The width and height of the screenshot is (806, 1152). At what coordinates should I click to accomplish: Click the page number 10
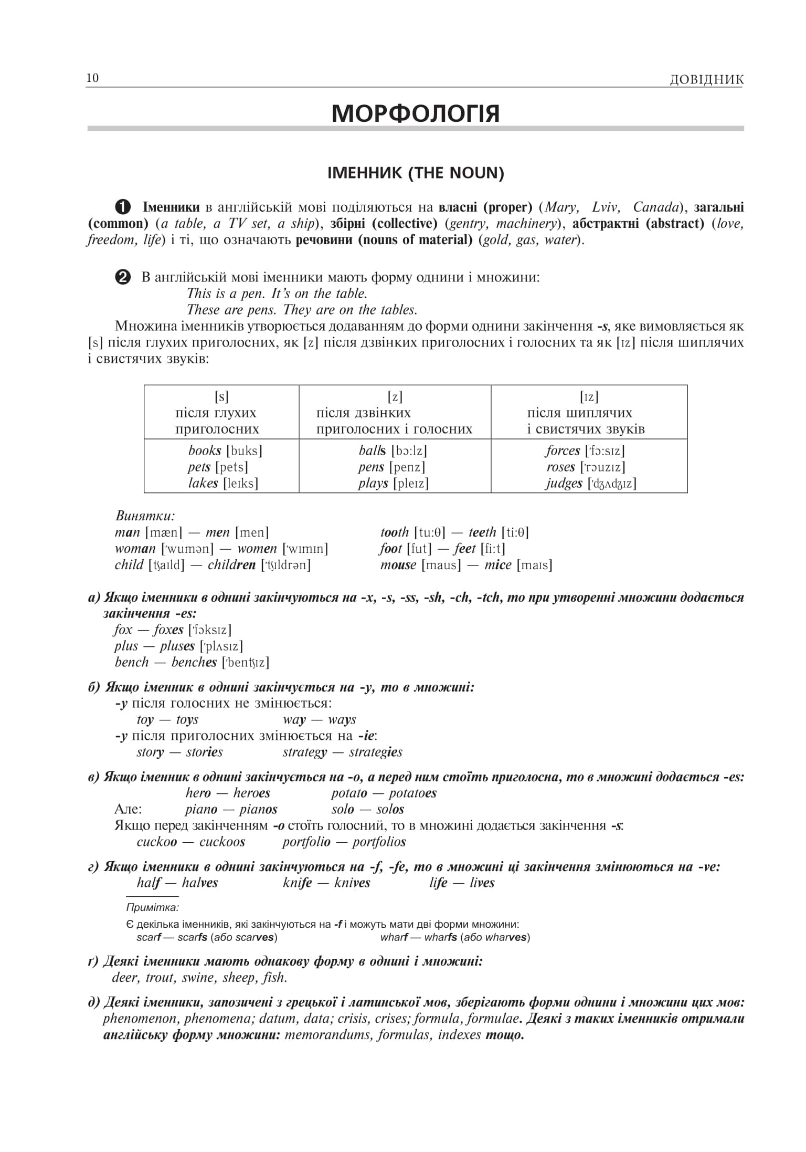pyautogui.click(x=92, y=78)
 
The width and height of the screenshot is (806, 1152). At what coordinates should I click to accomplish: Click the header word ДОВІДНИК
pyautogui.click(x=706, y=80)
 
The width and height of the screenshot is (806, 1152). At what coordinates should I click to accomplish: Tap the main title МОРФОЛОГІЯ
pyautogui.click(x=415, y=113)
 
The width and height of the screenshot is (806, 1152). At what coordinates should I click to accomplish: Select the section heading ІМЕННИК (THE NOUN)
pyautogui.click(x=415, y=173)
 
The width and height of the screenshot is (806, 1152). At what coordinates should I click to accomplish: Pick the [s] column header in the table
pyautogui.click(x=221, y=397)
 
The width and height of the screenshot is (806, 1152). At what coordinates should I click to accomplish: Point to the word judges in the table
pyautogui.click(x=564, y=483)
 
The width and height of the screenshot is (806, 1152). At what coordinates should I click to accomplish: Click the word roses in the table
pyautogui.click(x=560, y=467)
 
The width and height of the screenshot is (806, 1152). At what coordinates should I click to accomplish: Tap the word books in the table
pyautogui.click(x=205, y=451)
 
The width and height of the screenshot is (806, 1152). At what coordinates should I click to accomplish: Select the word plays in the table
pyautogui.click(x=373, y=483)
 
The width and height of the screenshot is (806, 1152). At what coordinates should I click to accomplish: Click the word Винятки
pyautogui.click(x=145, y=516)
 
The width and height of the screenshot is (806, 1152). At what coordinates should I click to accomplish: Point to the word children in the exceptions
pyautogui.click(x=231, y=565)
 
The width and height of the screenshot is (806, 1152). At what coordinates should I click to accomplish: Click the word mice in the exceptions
pyautogui.click(x=497, y=565)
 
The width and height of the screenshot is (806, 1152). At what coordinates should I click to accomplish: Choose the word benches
pyautogui.click(x=194, y=662)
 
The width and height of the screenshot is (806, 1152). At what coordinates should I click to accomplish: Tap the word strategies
pyautogui.click(x=375, y=752)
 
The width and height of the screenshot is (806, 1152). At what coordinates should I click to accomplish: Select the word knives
pyautogui.click(x=352, y=883)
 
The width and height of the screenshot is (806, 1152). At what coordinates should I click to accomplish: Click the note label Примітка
pyautogui.click(x=152, y=907)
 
